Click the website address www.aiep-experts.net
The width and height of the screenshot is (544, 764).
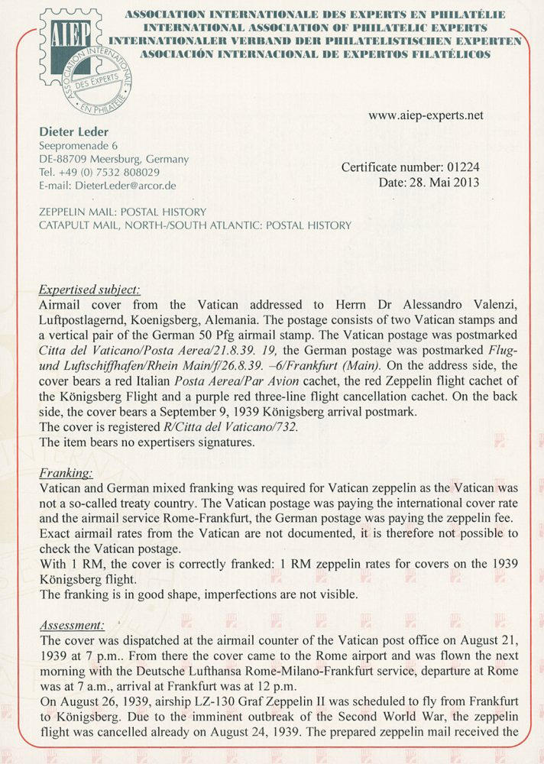coord(426,116)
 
